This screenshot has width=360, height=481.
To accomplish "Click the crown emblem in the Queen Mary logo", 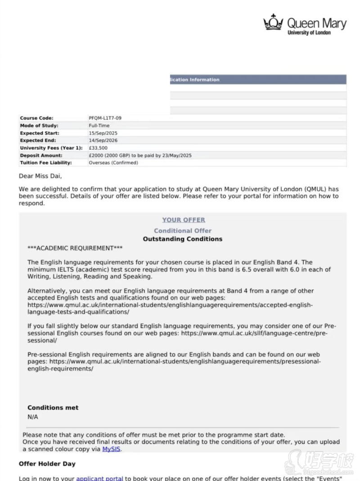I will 273,22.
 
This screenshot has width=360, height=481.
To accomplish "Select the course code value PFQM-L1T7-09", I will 105,118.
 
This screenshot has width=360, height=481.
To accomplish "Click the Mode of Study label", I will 39,126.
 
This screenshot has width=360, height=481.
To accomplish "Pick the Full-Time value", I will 99,126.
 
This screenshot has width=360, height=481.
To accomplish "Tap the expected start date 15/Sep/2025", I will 103,133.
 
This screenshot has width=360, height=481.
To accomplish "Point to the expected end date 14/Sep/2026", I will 103,140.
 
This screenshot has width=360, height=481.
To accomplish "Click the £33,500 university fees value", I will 98,148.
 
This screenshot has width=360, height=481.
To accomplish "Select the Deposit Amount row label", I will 41,155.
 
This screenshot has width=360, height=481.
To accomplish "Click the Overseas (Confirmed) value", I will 113,162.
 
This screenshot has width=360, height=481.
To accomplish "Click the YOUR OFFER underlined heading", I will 184,220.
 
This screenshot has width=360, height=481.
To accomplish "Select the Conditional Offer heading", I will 183,231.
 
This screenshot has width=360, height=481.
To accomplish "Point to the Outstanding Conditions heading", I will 183,239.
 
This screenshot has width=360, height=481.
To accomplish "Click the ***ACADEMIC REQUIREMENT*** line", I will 75,248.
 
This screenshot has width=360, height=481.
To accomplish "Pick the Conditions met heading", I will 53,408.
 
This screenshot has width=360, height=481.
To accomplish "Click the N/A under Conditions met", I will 33,417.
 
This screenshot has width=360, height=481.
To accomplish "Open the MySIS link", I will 111,449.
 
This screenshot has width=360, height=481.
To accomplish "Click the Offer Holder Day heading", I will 47,464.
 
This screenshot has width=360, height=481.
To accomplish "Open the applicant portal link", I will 99,478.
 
